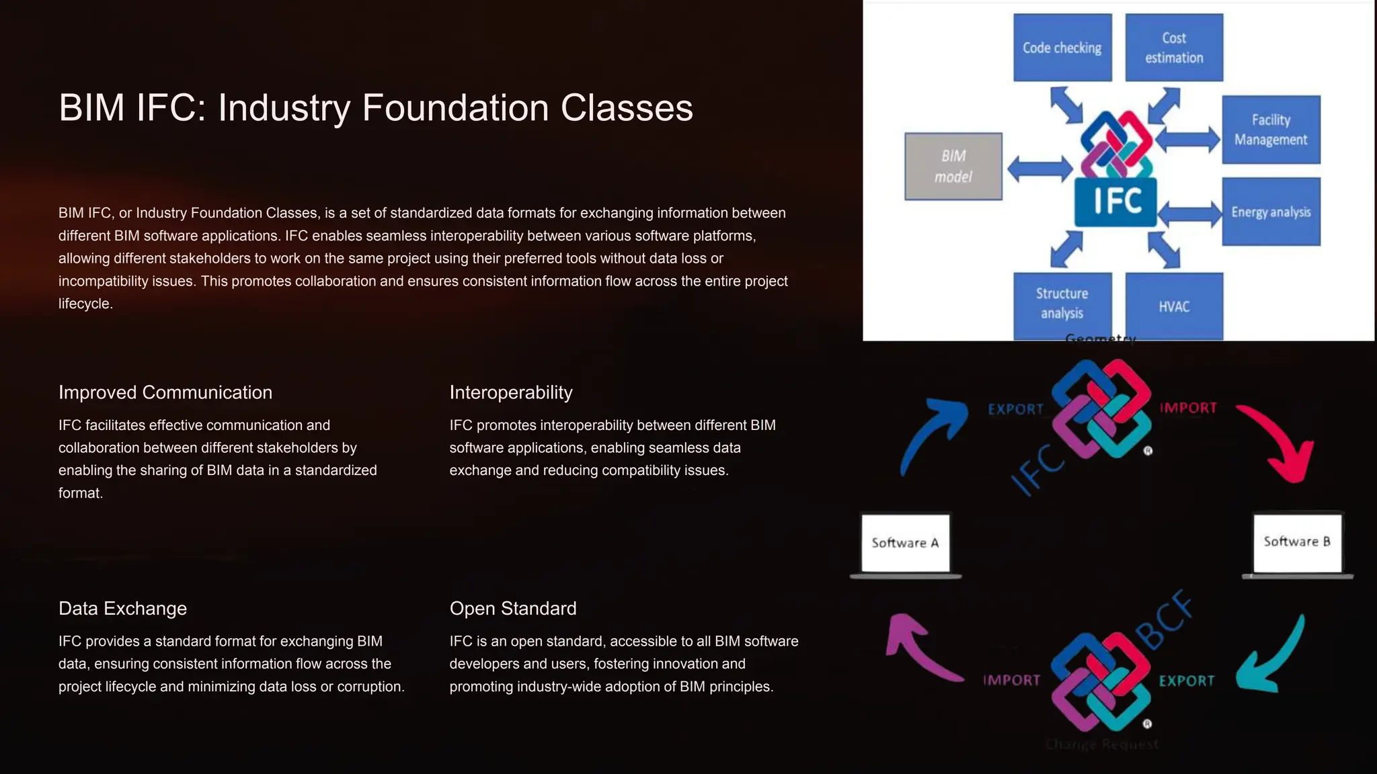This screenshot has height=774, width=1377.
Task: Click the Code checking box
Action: [x=1062, y=48]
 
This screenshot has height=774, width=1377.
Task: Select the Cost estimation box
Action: [x=1174, y=48]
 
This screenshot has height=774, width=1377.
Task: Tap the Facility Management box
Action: [x=1271, y=130]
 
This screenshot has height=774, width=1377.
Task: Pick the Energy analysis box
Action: [x=1271, y=212]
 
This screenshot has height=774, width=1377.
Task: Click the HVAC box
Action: [x=1174, y=306]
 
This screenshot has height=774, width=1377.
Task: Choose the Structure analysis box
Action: [x=1062, y=304]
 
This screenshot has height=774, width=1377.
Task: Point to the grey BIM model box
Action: [x=953, y=166]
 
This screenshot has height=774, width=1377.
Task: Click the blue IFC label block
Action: [x=1116, y=202]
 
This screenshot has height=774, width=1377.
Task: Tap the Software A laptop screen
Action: [x=905, y=543]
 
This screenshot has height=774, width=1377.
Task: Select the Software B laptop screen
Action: [x=1297, y=542]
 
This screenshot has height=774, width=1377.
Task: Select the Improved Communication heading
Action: [x=165, y=392]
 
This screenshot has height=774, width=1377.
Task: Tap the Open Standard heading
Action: [x=513, y=609]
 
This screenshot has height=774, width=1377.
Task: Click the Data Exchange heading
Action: [x=122, y=609]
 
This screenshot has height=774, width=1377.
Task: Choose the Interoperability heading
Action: [x=511, y=392]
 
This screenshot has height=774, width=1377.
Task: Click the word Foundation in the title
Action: [x=456, y=107]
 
